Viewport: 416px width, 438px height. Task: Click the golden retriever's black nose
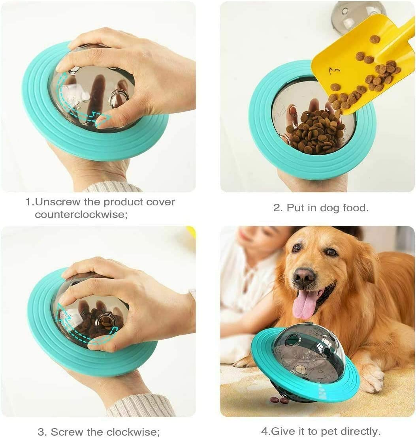304,277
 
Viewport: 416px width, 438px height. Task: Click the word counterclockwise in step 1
81,214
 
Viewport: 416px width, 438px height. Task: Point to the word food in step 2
353,208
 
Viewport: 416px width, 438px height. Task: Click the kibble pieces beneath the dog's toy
279,400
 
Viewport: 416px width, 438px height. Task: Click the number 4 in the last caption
264,431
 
